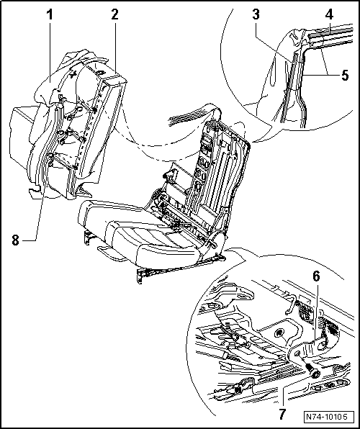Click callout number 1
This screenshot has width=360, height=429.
50,15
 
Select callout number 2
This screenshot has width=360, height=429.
114,15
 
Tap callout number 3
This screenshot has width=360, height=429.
256,14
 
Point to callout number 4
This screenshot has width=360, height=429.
330,14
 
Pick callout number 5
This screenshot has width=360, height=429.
345,75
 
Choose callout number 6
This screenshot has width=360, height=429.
316,276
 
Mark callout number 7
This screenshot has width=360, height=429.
282,414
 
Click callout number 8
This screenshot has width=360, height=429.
15,240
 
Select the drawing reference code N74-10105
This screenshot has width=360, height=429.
326,417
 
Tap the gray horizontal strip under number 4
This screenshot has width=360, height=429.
330,33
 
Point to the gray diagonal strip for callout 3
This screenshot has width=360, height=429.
289,88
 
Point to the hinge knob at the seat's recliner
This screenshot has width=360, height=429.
212,242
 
